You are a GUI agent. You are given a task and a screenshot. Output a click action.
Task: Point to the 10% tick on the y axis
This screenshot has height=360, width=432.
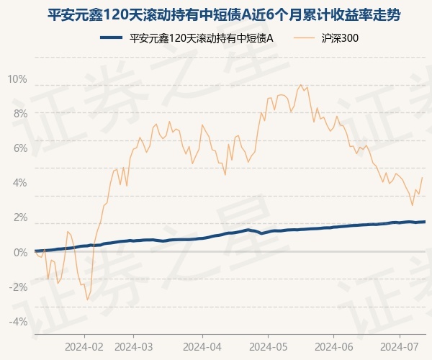[x=17, y=79]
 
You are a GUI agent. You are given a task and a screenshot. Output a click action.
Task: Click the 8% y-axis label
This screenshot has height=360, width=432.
[x=19, y=114]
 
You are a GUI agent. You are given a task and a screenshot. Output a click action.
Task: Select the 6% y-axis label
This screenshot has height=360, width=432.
[x=19, y=148]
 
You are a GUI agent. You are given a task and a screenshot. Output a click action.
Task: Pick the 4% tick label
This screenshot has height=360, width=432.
[x=19, y=183]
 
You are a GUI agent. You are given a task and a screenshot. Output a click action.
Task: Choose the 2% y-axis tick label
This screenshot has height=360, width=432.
[x=19, y=217]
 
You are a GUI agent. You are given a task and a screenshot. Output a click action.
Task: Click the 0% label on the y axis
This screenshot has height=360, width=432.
[x=19, y=252]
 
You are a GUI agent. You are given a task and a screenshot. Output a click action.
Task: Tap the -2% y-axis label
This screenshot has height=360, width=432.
[x=18, y=287]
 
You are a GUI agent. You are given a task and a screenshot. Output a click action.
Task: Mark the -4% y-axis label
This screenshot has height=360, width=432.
[x=18, y=321]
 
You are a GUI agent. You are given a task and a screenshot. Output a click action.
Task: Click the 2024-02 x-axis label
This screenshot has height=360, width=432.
[x=84, y=345]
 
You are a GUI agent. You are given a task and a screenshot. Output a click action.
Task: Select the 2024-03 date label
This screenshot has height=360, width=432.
[x=135, y=345]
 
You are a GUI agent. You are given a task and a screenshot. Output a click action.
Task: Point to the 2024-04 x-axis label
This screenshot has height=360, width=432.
[x=202, y=345]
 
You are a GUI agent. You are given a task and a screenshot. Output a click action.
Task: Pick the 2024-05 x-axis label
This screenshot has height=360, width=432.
[x=268, y=345]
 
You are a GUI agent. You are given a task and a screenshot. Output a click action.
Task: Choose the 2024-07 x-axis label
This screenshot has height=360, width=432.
[x=401, y=345]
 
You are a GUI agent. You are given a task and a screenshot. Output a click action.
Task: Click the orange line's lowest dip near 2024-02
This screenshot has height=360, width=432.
[x=87, y=300]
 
